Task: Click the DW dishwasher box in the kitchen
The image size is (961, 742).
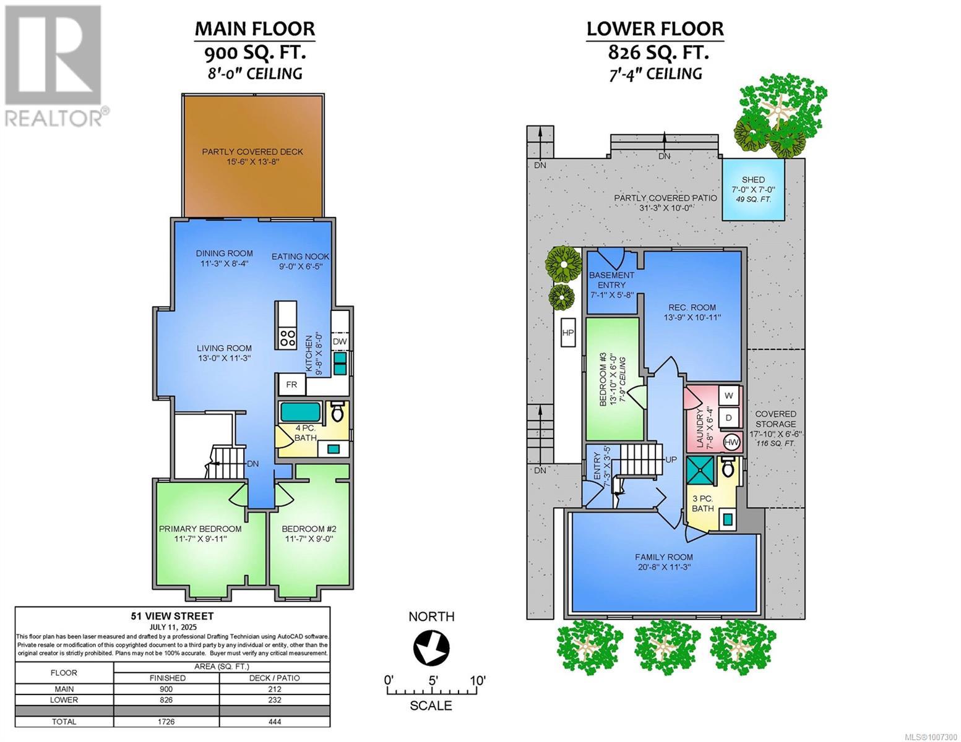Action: click(x=340, y=341)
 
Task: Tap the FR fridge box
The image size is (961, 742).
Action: click(x=291, y=385)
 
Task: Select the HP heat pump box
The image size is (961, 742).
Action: click(x=568, y=332)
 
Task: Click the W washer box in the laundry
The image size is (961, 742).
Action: click(x=728, y=396)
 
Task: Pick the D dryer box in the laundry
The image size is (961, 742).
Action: click(x=728, y=417)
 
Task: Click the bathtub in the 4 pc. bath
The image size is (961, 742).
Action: click(x=300, y=411)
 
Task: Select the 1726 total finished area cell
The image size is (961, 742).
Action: click(x=166, y=722)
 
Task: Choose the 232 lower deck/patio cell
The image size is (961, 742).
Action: click(x=275, y=700)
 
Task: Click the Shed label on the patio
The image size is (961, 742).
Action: click(x=753, y=180)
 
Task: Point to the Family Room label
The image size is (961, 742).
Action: click(x=664, y=557)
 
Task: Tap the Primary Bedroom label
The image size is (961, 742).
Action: click(x=200, y=529)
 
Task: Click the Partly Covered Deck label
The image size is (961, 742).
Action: click(x=252, y=151)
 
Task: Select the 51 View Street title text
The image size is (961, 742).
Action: click(x=173, y=616)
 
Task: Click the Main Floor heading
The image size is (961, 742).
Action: click(x=255, y=29)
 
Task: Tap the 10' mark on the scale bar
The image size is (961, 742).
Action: click(x=477, y=681)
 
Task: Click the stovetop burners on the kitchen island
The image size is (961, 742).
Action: click(x=288, y=338)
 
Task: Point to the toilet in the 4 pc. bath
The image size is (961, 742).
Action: click(x=337, y=411)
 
